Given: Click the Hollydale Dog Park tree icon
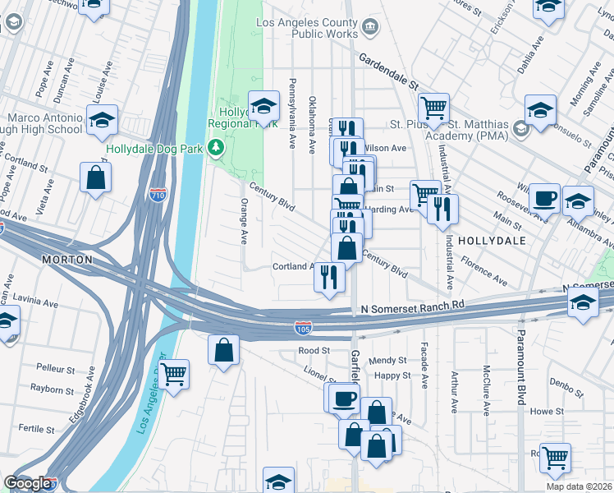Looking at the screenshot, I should (216, 147).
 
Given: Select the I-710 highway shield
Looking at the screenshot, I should (158, 195).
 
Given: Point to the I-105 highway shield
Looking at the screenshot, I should (303, 328).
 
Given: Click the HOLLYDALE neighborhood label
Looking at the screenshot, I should (491, 241).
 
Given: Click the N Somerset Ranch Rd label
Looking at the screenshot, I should (413, 306).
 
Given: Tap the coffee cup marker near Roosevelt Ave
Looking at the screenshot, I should (544, 197).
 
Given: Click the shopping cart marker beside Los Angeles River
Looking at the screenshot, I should (173, 374).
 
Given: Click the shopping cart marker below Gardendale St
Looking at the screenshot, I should (433, 106).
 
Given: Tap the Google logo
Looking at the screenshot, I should (27, 483).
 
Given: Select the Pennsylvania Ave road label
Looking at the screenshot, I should (291, 113).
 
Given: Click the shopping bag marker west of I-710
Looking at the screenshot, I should (95, 177).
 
